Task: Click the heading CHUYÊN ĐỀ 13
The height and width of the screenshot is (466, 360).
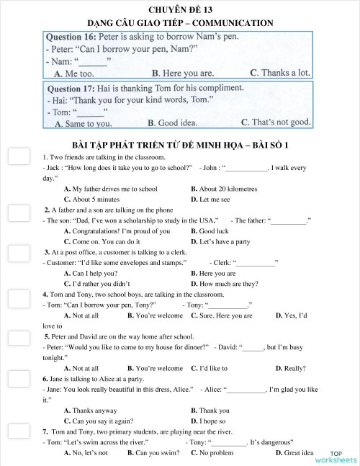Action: pyautogui.click(x=179, y=9)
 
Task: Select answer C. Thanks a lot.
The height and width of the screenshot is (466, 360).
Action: pyautogui.click(x=280, y=73)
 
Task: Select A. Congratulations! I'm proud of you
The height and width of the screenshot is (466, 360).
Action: pyautogui.click(x=117, y=231)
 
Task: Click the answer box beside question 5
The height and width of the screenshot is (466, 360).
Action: pyautogui.click(x=19, y=338)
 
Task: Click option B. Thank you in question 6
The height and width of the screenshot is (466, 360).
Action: pyautogui.click(x=210, y=411)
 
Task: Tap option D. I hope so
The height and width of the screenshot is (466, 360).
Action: pyautogui.click(x=208, y=421)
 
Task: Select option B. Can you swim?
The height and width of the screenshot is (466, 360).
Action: pyautogui.click(x=153, y=453)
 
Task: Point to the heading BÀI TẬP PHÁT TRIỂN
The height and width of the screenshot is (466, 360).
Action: pyautogui.click(x=181, y=144)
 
